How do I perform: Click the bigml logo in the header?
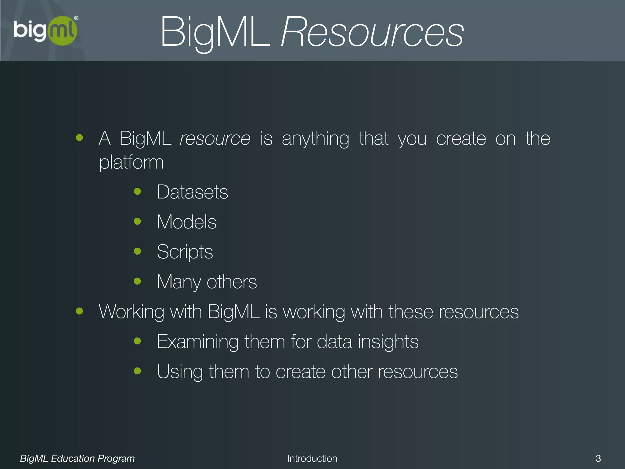click(46, 31)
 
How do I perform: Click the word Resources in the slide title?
click(372, 32)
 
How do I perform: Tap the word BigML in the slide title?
click(215, 32)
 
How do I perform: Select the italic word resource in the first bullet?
click(215, 139)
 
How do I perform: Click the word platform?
click(131, 162)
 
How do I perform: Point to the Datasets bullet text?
click(192, 192)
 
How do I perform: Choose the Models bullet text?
click(186, 222)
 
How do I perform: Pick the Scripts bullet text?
click(185, 252)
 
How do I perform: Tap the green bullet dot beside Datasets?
click(137, 191)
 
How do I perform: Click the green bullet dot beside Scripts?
click(137, 251)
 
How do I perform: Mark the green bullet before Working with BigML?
click(79, 311)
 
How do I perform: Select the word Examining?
click(197, 342)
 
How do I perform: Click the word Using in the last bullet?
click(180, 372)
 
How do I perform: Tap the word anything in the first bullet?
click(315, 139)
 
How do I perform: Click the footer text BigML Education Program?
click(77, 458)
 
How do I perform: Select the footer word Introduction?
click(312, 458)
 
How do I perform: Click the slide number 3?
click(598, 458)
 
